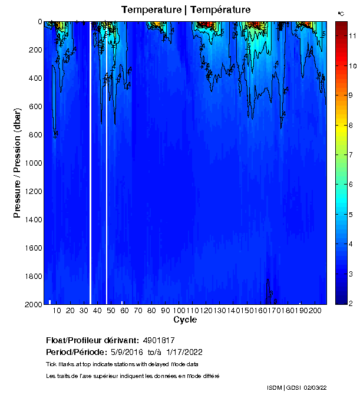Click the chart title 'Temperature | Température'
(186, 9)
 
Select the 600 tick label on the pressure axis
(34, 107)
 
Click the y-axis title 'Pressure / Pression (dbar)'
(17, 163)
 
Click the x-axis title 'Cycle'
(185, 320)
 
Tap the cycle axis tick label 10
(57, 310)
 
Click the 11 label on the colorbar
(350, 35)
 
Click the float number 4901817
(159, 341)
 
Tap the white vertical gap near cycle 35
(90, 163)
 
